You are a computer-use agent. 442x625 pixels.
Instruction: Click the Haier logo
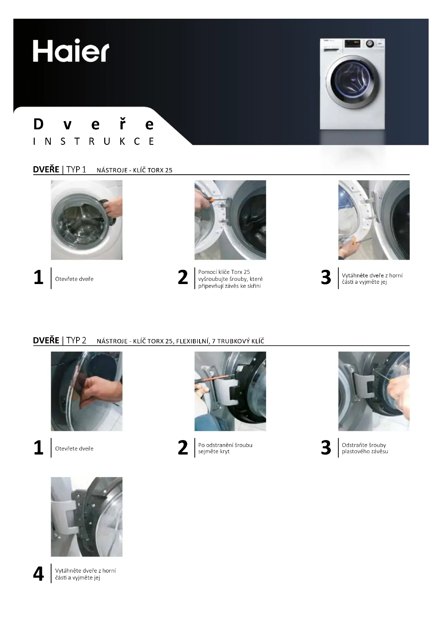tap(71, 51)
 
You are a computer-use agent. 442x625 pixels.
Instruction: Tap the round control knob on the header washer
tap(370, 44)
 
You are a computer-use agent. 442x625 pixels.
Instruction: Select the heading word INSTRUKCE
tap(94, 142)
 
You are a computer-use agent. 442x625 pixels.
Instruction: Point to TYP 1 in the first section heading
tap(76, 170)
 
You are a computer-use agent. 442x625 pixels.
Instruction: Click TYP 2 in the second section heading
tap(76, 340)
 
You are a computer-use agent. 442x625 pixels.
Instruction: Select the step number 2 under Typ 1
tap(183, 277)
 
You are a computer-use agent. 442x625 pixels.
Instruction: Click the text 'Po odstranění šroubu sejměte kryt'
tap(225, 448)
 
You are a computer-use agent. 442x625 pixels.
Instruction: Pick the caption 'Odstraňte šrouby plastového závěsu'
tap(365, 448)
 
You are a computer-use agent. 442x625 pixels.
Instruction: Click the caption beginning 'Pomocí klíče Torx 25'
tap(230, 279)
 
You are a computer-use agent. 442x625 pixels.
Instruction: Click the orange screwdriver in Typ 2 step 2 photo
tap(218, 378)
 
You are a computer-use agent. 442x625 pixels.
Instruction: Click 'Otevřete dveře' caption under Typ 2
tap(74, 448)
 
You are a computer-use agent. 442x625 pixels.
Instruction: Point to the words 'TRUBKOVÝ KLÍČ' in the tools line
tap(241, 341)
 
